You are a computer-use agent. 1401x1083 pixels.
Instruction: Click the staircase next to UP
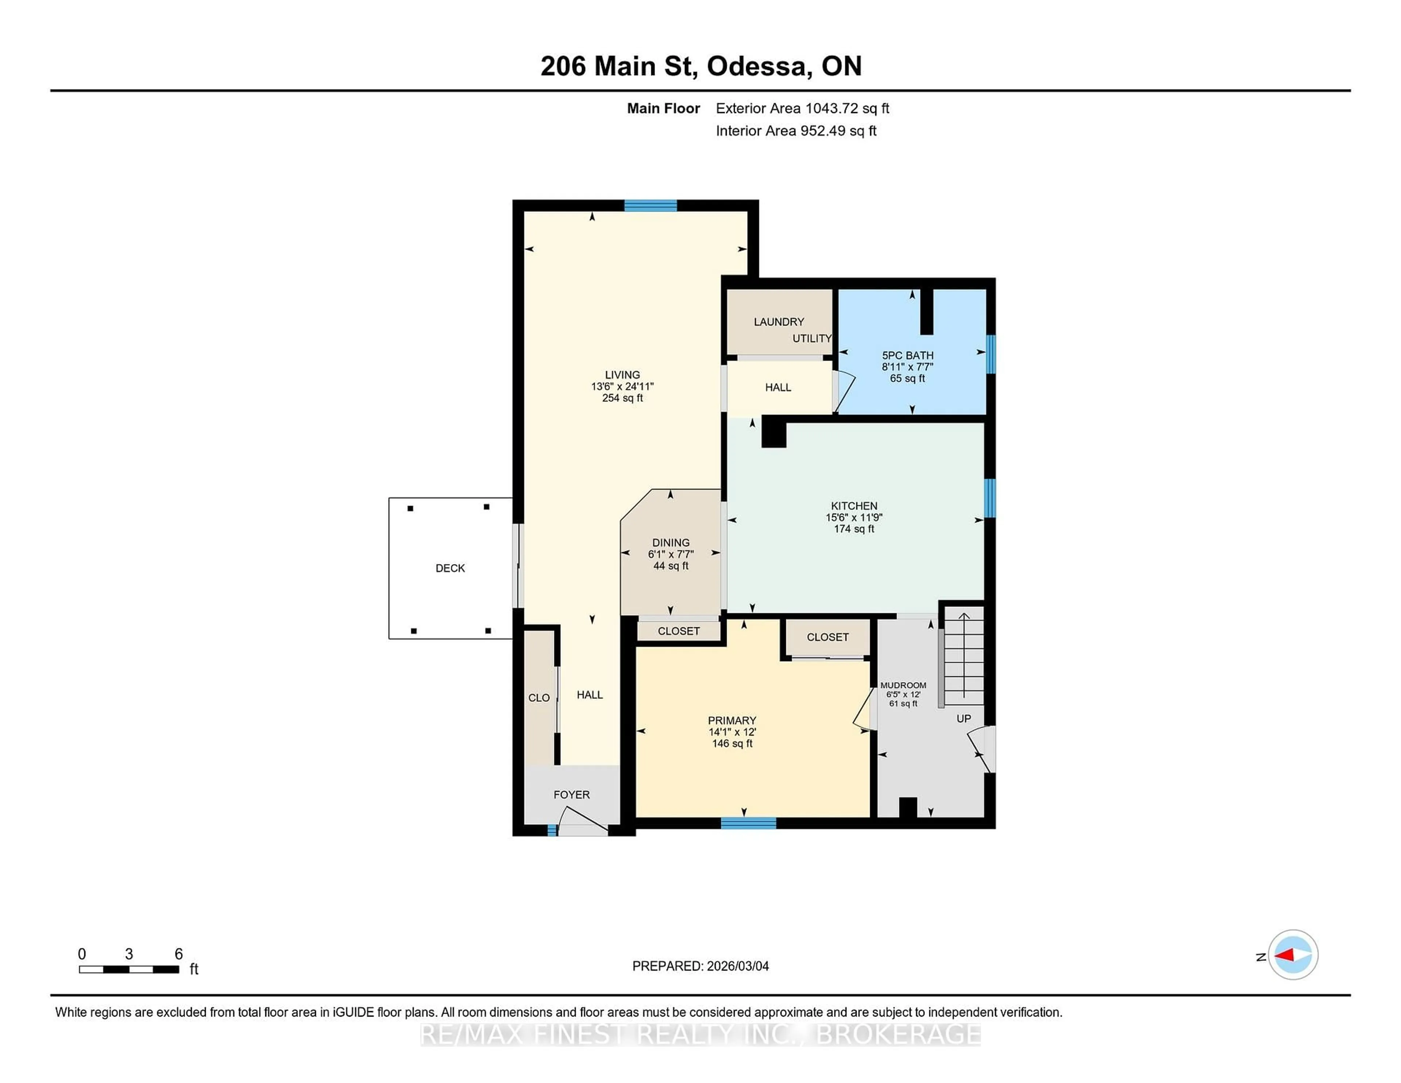click(x=964, y=658)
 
